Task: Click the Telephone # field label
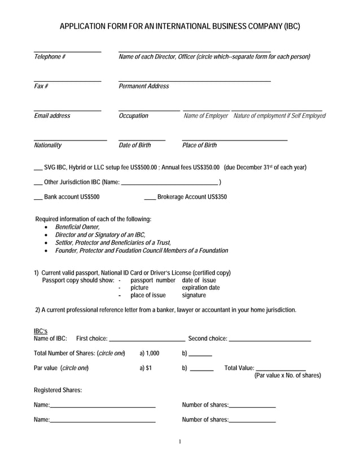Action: click(x=50, y=57)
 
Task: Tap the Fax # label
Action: click(x=41, y=86)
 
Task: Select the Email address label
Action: click(x=52, y=116)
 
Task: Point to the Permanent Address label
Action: click(x=143, y=86)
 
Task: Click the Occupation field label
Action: click(x=133, y=116)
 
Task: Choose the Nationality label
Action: click(x=48, y=146)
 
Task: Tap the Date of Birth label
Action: click(x=135, y=146)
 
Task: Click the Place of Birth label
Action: click(x=199, y=146)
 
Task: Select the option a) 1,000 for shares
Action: click(x=150, y=353)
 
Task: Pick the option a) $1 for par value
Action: click(x=146, y=368)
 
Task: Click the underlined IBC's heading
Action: click(x=41, y=331)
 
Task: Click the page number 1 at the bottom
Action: click(x=179, y=441)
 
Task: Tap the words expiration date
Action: click(x=201, y=288)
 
